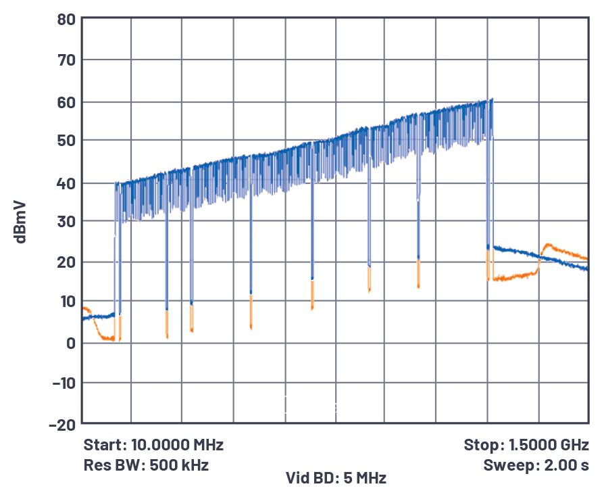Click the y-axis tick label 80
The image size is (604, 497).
66,20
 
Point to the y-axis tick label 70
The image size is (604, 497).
66,60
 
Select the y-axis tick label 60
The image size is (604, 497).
66,102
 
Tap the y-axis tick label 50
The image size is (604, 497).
66,141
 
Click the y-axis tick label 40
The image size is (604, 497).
66,183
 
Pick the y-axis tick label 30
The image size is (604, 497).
66,222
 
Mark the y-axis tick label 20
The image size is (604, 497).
66,262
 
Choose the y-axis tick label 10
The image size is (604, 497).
66,302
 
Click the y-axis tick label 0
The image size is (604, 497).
70,343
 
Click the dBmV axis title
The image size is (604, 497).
21,221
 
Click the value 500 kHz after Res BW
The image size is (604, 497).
178,465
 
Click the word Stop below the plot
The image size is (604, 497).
480,445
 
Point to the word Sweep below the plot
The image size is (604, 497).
505,465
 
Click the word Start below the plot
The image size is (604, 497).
104,445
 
